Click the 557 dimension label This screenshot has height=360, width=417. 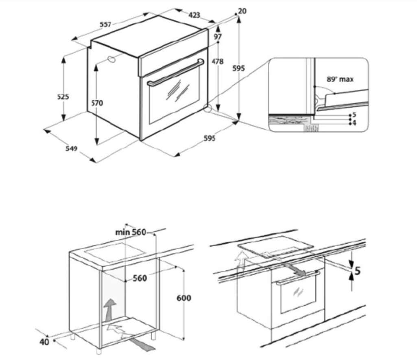click(105, 24)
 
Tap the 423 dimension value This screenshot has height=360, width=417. click(194, 15)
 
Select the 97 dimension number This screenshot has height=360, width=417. click(218, 37)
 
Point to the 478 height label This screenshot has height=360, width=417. click(218, 61)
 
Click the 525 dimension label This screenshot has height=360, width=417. click(63, 97)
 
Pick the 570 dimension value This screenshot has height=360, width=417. click(97, 103)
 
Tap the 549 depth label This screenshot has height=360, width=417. click(72, 148)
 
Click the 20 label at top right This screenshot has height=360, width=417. click(242, 11)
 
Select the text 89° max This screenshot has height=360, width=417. click(340, 79)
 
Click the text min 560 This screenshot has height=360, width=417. click(131, 232)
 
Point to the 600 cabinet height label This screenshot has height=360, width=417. click(184, 298)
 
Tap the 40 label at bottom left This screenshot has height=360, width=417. click(44, 342)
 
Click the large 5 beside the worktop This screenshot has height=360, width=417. click(358, 271)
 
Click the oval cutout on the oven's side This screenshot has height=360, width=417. click(111, 59)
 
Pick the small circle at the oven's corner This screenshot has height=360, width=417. click(207, 108)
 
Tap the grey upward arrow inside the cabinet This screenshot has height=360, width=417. click(110, 310)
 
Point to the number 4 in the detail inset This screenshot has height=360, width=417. click(354, 123)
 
